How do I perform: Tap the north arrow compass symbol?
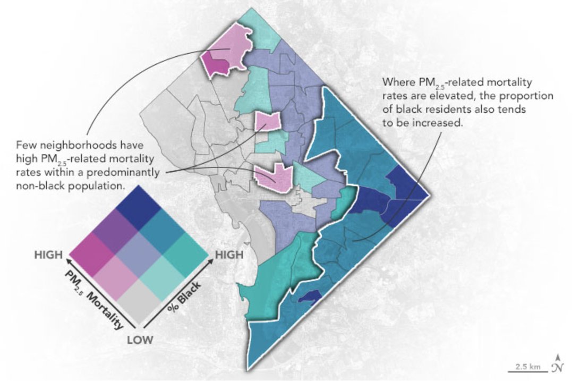pos(557,363)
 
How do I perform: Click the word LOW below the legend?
pos(140,340)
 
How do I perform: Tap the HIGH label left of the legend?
pos(48,255)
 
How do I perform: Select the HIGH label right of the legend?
pos(229,255)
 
